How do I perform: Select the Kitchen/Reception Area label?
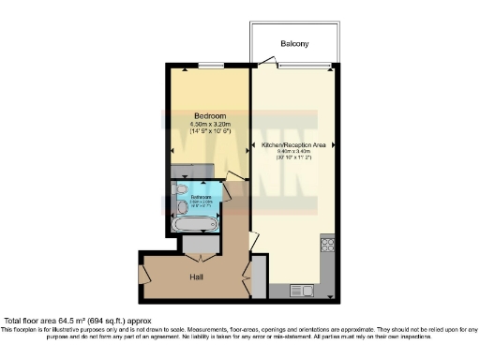(293, 145)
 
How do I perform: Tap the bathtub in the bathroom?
(195, 223)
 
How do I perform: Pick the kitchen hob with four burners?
(328, 246)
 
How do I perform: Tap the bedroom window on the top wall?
(206, 67)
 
